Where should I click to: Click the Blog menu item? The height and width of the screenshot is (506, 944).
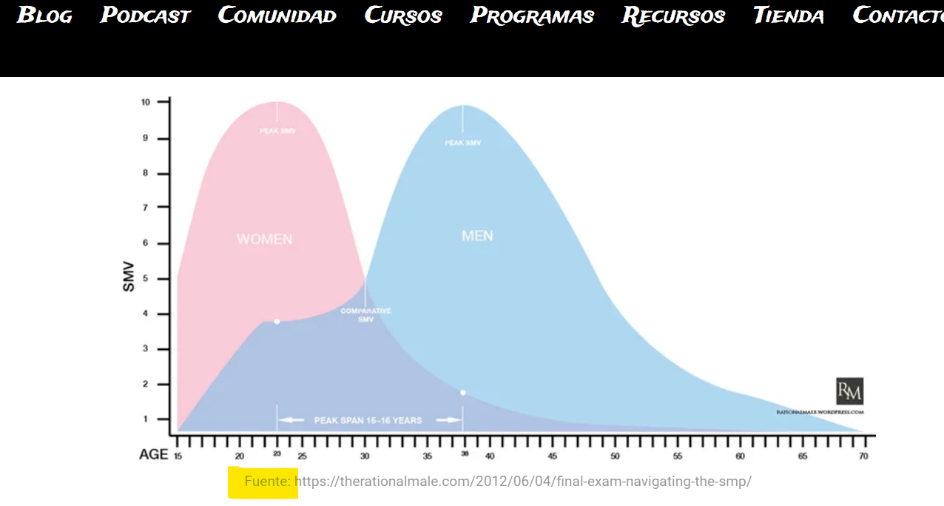pyautogui.click(x=44, y=16)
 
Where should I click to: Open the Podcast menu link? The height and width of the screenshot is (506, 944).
pyautogui.click(x=146, y=16)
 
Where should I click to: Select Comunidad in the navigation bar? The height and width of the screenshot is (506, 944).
pyautogui.click(x=277, y=16)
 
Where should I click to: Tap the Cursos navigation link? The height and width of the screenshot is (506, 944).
pyautogui.click(x=403, y=16)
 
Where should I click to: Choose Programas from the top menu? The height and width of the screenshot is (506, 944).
pyautogui.click(x=532, y=16)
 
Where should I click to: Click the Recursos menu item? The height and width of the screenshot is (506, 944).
pyautogui.click(x=673, y=16)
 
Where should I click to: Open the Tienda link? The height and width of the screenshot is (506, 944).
pyautogui.click(x=789, y=16)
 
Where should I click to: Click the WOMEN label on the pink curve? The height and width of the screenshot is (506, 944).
pyautogui.click(x=264, y=240)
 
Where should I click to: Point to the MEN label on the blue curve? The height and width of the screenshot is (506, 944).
pyautogui.click(x=477, y=236)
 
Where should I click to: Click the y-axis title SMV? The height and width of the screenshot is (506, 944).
pyautogui.click(x=129, y=277)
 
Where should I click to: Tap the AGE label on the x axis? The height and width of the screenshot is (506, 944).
pyautogui.click(x=154, y=454)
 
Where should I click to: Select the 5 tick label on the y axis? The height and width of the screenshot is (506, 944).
pyautogui.click(x=146, y=279)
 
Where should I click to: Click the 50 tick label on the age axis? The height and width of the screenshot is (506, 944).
pyautogui.click(x=615, y=456)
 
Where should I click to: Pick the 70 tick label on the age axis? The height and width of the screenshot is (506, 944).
pyautogui.click(x=863, y=456)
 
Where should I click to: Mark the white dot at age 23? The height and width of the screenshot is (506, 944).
pyautogui.click(x=277, y=321)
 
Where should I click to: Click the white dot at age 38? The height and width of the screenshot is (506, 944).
pyautogui.click(x=463, y=392)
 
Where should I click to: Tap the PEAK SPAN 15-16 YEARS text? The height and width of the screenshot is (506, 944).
pyautogui.click(x=368, y=420)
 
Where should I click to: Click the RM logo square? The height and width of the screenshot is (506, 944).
pyautogui.click(x=849, y=391)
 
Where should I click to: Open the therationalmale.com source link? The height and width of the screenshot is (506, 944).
pyautogui.click(x=523, y=482)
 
